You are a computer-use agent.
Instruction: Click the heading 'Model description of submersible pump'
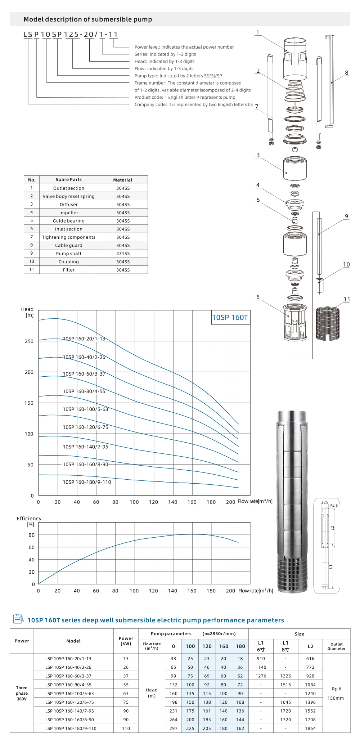coord(88,19)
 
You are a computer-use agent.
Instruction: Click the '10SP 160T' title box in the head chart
coord(230,317)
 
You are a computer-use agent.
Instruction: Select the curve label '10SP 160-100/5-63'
coord(85,409)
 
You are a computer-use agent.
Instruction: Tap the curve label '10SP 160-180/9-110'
coord(87,482)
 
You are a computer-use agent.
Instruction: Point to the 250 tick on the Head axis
coord(29,341)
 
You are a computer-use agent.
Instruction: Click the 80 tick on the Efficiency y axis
coord(32,535)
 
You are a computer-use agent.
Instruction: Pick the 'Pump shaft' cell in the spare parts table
coord(69,254)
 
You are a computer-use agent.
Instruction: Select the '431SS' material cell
coord(123,254)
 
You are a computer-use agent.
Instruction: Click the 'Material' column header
coord(123,180)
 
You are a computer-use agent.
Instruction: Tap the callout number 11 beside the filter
coord(347,299)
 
